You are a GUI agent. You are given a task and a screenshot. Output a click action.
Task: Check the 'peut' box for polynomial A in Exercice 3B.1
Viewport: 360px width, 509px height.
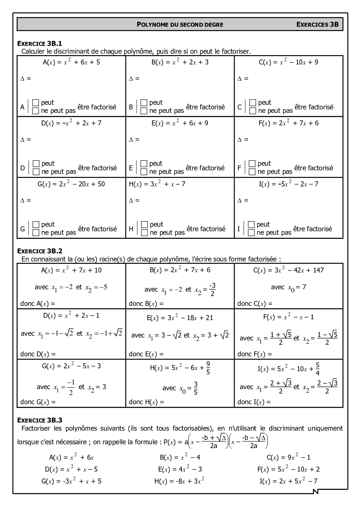click(36, 102)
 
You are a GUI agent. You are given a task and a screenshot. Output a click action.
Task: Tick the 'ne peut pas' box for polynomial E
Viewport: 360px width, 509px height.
click(144, 172)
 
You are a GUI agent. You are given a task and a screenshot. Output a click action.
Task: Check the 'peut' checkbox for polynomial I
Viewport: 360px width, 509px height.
click(251, 224)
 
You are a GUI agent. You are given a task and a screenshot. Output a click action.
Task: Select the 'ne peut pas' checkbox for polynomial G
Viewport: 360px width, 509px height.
click(36, 233)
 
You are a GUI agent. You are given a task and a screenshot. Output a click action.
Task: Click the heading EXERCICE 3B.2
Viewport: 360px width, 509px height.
click(40, 251)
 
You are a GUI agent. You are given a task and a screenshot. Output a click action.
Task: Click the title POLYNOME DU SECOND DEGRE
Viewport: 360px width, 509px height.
click(180, 25)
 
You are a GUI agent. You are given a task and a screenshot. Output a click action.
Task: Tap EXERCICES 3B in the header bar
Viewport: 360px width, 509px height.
click(318, 24)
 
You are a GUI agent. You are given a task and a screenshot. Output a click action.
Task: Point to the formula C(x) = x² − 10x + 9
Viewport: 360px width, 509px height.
click(288, 62)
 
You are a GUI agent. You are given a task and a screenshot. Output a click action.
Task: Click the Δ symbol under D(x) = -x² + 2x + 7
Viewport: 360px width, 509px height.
click(22, 140)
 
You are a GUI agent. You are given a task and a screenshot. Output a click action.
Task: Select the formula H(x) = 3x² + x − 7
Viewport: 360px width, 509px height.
click(157, 184)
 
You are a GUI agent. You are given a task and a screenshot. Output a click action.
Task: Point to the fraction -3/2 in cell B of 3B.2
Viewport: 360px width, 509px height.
click(212, 289)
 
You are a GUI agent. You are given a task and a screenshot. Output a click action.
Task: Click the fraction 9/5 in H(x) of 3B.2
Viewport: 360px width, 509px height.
click(208, 368)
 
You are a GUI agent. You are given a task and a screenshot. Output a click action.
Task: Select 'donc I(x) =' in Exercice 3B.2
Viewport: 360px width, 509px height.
click(254, 402)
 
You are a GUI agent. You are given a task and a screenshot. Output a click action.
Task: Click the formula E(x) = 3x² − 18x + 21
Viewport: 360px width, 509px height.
click(180, 318)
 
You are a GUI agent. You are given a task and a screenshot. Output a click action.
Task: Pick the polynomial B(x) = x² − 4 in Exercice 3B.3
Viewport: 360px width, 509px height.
click(180, 458)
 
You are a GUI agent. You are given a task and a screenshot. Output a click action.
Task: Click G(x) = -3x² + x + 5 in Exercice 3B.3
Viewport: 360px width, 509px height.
click(71, 481)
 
